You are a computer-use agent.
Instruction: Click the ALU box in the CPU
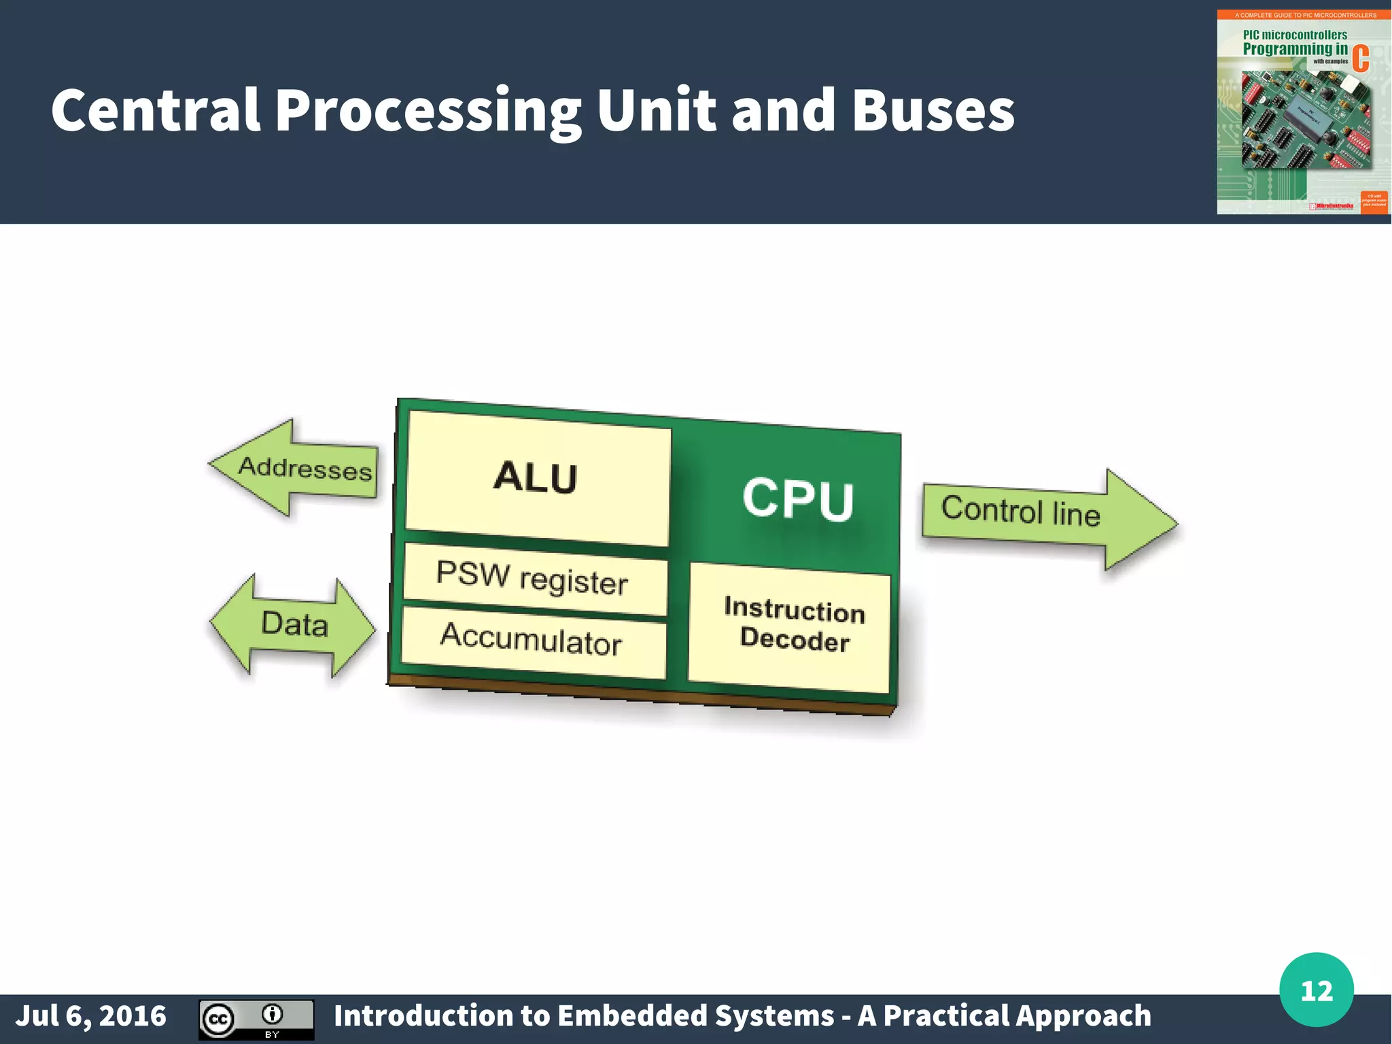[537, 477]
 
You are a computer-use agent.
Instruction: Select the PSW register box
[534, 579]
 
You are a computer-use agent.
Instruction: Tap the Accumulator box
[533, 641]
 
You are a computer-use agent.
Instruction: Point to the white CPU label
[797, 499]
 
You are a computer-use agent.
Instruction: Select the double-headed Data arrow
[294, 624]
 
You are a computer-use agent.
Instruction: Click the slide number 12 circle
[1316, 990]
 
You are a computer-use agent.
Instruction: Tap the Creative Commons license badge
[256, 1019]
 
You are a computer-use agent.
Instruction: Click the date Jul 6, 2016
[91, 1016]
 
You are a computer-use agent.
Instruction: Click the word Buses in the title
[933, 110]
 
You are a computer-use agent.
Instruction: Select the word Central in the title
[156, 110]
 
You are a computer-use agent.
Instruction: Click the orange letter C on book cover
[1360, 58]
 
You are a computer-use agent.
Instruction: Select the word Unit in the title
[656, 110]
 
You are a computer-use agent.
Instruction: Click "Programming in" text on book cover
[1294, 49]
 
